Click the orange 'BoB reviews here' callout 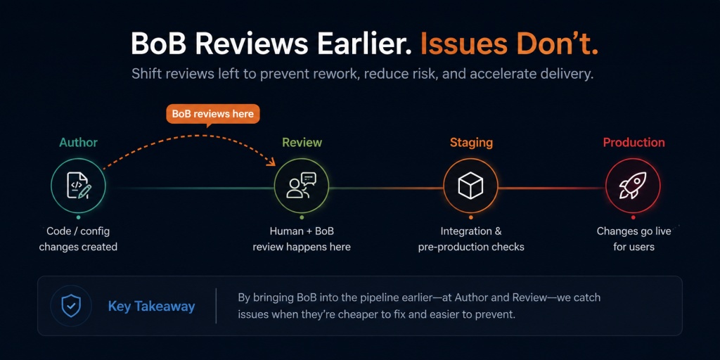(212, 115)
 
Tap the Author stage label (78, 142)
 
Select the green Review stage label (302, 142)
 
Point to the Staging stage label (471, 143)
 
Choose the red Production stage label (634, 142)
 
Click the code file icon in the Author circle (79, 186)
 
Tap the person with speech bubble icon (302, 186)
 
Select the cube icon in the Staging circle (470, 186)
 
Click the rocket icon (633, 186)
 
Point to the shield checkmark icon (72, 306)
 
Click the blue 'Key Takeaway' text (152, 307)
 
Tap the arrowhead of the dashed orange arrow (273, 162)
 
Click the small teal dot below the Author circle (79, 218)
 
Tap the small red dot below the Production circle (634, 218)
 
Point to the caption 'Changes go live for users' (634, 239)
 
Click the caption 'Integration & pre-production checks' (471, 239)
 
